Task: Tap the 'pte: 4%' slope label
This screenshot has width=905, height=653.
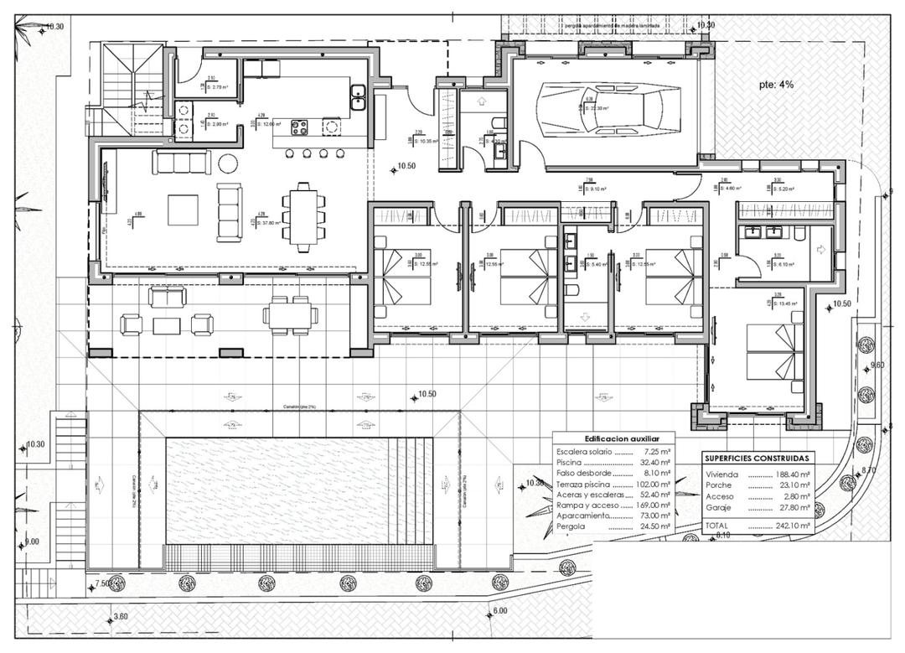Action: pyautogui.click(x=776, y=85)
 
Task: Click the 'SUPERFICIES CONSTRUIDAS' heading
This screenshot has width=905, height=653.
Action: pyautogui.click(x=757, y=459)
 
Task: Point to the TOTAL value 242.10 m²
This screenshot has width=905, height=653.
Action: pyautogui.click(x=794, y=526)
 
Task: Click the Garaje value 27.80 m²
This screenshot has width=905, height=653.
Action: pyautogui.click(x=794, y=507)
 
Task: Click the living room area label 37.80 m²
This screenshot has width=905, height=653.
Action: pyautogui.click(x=270, y=224)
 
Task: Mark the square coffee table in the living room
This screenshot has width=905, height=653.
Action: pyautogui.click(x=183, y=210)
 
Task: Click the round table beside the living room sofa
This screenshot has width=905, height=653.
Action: pyautogui.click(x=228, y=162)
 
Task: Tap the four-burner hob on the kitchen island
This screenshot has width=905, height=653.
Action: pyautogui.click(x=299, y=127)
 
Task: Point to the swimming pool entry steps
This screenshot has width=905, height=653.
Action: pyautogui.click(x=413, y=490)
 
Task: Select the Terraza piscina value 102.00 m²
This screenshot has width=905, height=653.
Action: pyautogui.click(x=653, y=485)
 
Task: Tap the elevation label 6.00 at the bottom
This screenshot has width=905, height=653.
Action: pyautogui.click(x=499, y=610)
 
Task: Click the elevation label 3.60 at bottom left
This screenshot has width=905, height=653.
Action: pyautogui.click(x=121, y=617)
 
